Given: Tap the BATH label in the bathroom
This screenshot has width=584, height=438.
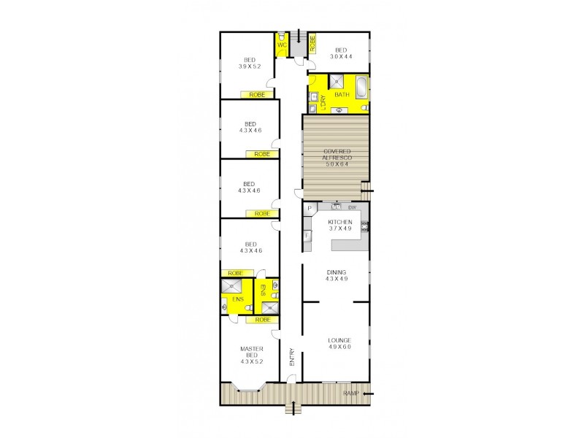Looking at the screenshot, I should pos(341,95).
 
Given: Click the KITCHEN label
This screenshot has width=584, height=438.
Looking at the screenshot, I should pos(340,221).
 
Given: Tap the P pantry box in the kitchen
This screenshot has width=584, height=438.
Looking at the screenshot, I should pos(309,209).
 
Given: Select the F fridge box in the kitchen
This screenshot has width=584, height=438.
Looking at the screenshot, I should pos(307,235).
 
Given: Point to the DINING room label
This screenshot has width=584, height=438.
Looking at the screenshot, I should pos(336,272).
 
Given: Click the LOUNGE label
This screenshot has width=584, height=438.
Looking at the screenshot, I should pos(340,339).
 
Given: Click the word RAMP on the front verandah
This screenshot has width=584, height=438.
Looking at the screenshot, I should pos(353,394).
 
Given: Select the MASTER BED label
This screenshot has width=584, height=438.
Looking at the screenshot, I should pos(251,352).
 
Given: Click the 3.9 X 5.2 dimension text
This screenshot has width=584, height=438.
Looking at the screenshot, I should pos(249,66).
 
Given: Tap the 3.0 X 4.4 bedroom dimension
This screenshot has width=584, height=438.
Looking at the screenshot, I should pos(340,56).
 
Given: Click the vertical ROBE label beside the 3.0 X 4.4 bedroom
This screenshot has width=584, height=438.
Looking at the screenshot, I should pos(312,43).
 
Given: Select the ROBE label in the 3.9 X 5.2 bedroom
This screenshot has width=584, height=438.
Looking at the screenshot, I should pos(256,94).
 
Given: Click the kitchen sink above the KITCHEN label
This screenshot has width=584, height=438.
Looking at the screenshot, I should pos(337,206).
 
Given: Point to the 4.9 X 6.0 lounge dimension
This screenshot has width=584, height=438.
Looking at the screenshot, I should pos(340,347).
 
